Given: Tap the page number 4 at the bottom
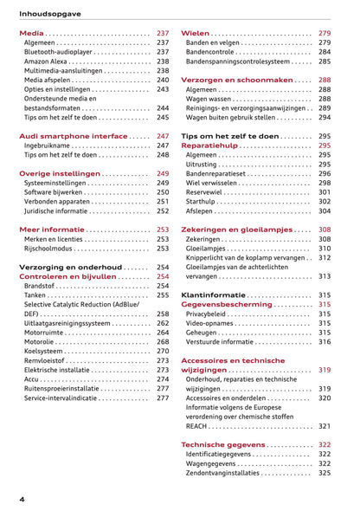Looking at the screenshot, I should click(x=21, y=500).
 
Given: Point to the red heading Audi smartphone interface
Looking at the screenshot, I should click(x=73, y=136).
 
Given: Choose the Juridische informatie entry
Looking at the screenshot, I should click(x=55, y=210).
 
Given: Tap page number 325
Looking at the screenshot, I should click(x=324, y=473).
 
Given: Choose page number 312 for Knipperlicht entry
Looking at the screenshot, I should click(x=324, y=257).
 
